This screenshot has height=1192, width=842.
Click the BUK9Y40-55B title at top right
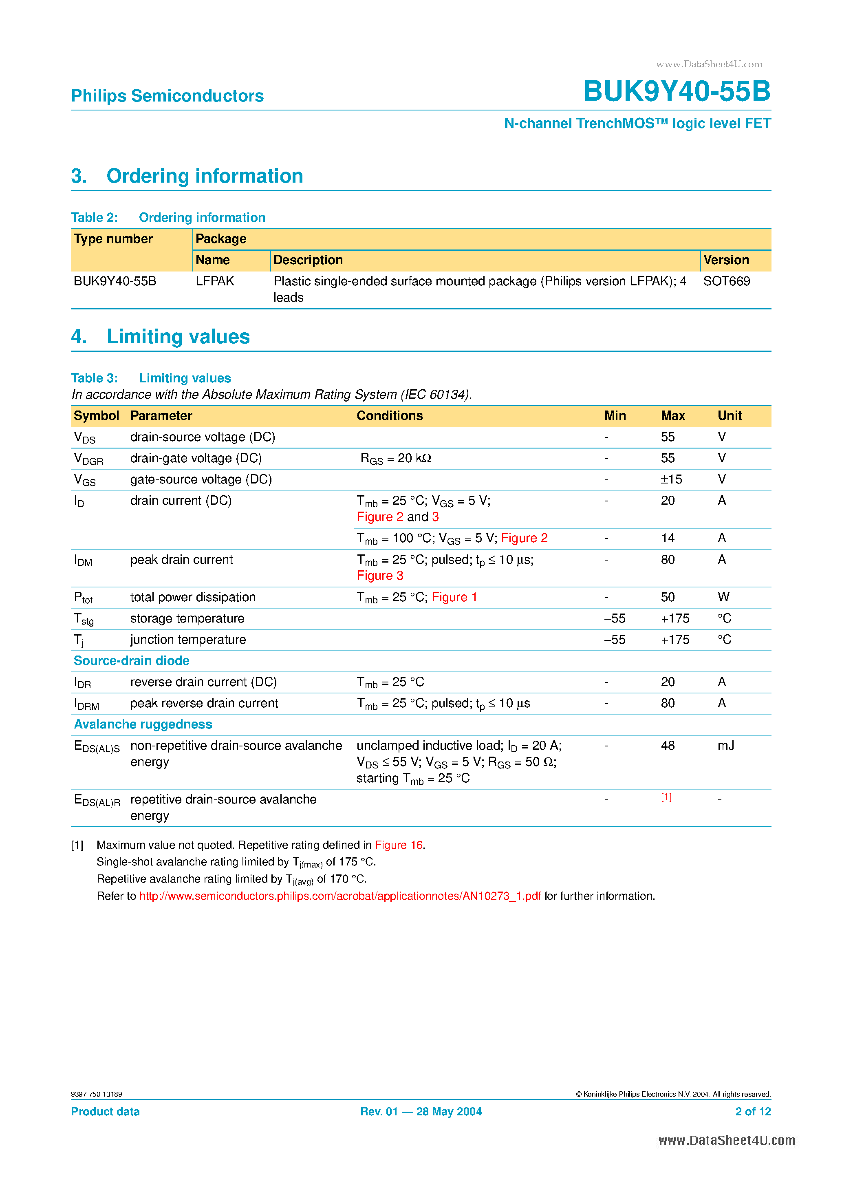pyautogui.click(x=677, y=91)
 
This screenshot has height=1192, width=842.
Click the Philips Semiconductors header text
pyautogui.click(x=167, y=96)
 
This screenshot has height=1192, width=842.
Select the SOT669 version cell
pyautogui.click(x=726, y=281)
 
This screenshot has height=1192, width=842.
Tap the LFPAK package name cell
pyautogui.click(x=214, y=281)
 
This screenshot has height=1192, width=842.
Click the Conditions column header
pyautogui.click(x=389, y=416)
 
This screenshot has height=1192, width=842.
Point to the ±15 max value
pyautogui.click(x=671, y=480)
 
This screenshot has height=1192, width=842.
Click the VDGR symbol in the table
pyautogui.click(x=88, y=459)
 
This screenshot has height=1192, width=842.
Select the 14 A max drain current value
pyautogui.click(x=668, y=539)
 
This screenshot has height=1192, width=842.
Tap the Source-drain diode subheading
pyautogui.click(x=131, y=661)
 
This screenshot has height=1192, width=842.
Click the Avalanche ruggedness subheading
pyautogui.click(x=143, y=725)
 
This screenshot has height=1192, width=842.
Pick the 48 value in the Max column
pyautogui.click(x=668, y=746)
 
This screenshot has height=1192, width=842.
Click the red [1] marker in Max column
pyautogui.click(x=666, y=797)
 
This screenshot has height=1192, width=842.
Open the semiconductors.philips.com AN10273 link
pyautogui.click(x=339, y=896)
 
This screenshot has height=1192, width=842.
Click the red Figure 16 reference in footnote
pyautogui.click(x=398, y=845)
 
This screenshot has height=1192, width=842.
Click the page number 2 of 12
pyautogui.click(x=752, y=1112)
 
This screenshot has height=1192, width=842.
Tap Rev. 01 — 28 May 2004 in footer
pyautogui.click(x=421, y=1112)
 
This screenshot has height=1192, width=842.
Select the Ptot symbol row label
pyautogui.click(x=83, y=598)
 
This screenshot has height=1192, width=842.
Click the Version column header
pyautogui.click(x=726, y=260)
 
